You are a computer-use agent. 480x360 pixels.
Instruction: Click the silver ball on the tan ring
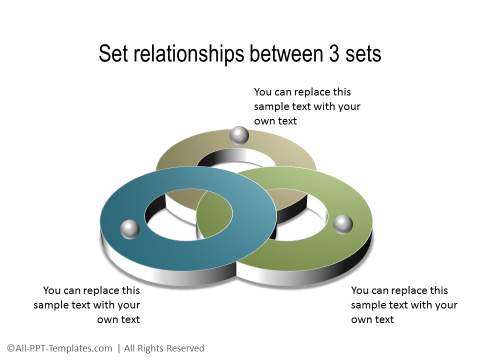(x=239, y=134)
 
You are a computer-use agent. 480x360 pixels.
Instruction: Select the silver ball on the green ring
(x=343, y=222)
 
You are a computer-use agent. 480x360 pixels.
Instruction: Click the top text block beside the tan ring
(x=307, y=105)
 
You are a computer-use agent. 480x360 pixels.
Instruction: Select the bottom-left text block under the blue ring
(x=87, y=305)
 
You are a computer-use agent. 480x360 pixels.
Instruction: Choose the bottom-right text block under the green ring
(x=404, y=305)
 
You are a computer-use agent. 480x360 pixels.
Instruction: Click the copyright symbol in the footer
(x=10, y=348)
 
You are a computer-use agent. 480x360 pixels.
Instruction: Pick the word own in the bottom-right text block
(x=361, y=319)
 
